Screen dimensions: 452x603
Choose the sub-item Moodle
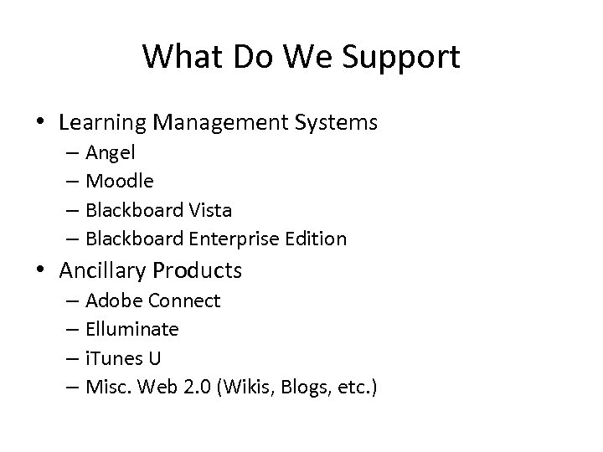pyautogui.click(x=119, y=181)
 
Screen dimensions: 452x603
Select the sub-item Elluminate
pyautogui.click(x=131, y=329)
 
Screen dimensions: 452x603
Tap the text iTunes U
pyautogui.click(x=122, y=358)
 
